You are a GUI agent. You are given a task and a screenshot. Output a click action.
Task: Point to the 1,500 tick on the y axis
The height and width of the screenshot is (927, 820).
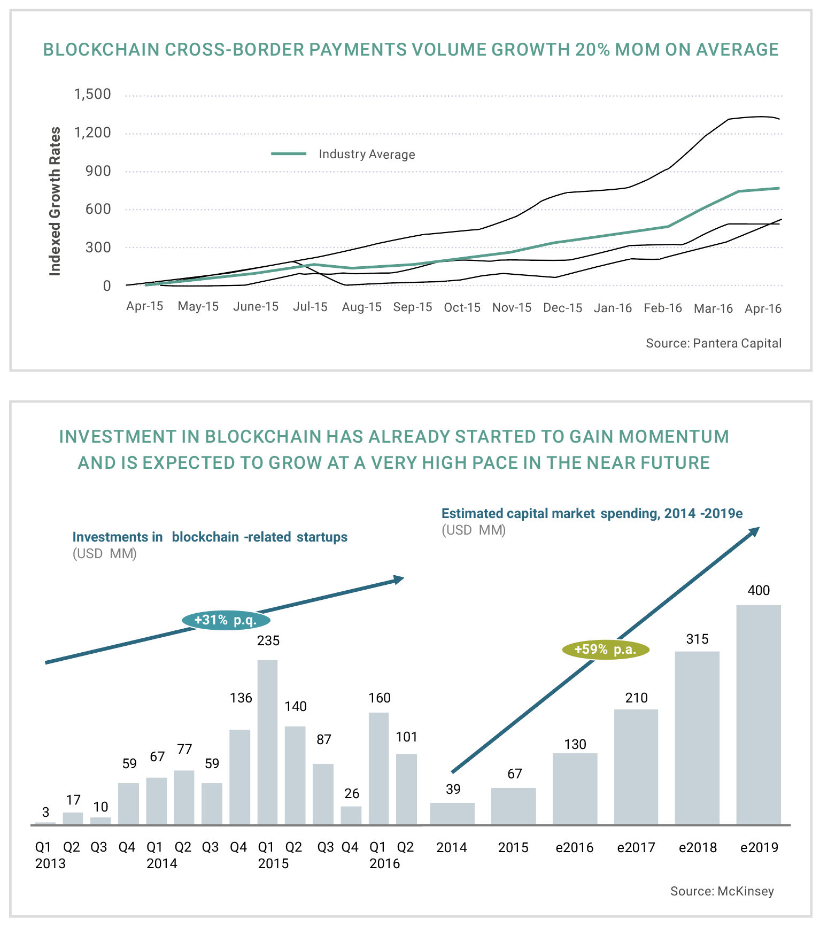pyautogui.click(x=92, y=95)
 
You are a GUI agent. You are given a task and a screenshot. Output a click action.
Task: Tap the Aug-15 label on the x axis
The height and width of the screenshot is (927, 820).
pyautogui.click(x=362, y=307)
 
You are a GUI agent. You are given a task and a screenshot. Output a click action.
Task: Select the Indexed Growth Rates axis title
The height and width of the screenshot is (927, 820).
pyautogui.click(x=55, y=202)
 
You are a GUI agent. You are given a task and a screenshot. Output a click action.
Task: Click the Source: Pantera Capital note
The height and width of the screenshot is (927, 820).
pyautogui.click(x=713, y=343)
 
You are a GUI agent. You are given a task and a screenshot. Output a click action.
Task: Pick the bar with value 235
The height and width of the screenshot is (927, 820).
pyautogui.click(x=267, y=742)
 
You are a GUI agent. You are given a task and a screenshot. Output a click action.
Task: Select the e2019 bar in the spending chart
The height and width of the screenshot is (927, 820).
pyautogui.click(x=758, y=714)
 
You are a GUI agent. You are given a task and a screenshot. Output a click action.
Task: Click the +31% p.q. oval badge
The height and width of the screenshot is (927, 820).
pyautogui.click(x=226, y=620)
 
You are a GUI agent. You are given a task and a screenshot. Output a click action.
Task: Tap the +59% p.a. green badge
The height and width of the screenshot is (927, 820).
pyautogui.click(x=605, y=650)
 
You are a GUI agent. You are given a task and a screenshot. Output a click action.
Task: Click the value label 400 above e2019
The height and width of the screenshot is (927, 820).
pyautogui.click(x=758, y=591)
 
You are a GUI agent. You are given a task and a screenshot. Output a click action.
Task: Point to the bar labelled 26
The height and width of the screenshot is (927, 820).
pyautogui.click(x=351, y=815)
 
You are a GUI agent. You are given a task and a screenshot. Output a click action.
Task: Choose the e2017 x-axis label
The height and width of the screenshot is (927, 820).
pyautogui.click(x=636, y=847)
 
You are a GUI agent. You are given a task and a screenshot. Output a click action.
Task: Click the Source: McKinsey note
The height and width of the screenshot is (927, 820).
pyautogui.click(x=722, y=891)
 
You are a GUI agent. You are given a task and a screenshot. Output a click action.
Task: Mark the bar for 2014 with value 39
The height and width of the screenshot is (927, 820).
pyautogui.click(x=452, y=813)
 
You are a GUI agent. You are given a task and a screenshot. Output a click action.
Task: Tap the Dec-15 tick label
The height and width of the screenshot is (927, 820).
pyautogui.click(x=562, y=308)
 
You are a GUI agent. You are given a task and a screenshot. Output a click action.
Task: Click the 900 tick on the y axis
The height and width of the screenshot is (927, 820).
pyautogui.click(x=99, y=171)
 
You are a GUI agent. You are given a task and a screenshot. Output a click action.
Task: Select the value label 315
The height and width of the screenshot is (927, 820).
pyautogui.click(x=697, y=639)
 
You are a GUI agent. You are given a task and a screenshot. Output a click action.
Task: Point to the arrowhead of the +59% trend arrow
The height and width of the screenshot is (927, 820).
pyautogui.click(x=755, y=531)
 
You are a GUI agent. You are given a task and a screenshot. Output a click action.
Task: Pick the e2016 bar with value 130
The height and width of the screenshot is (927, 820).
pyautogui.click(x=575, y=789)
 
